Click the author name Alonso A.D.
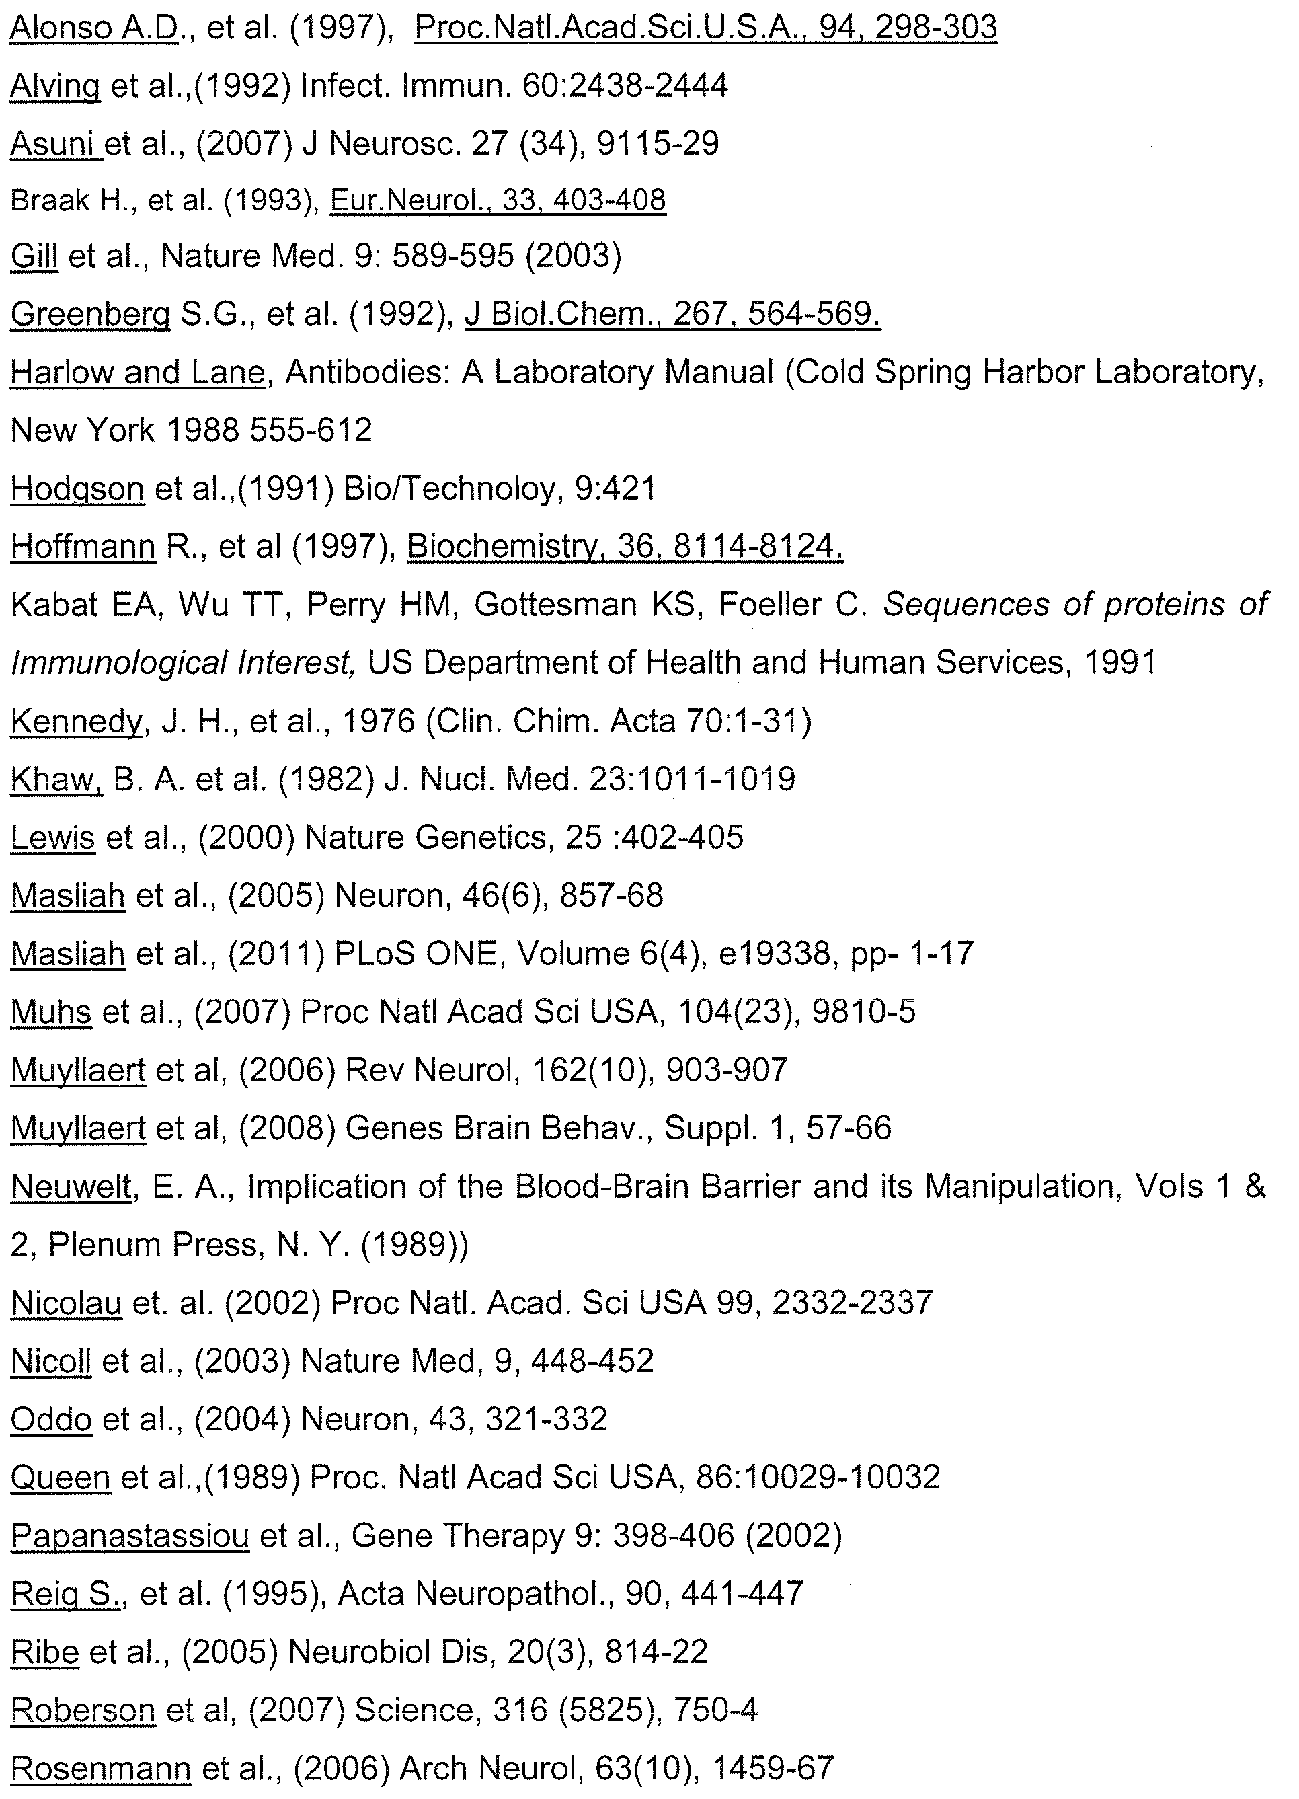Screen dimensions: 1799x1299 pyautogui.click(x=94, y=28)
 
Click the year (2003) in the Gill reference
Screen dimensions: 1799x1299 pyautogui.click(x=574, y=256)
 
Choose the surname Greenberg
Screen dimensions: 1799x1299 pyautogui.click(x=90, y=315)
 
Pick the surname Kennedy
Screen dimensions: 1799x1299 pyautogui.click(x=76, y=721)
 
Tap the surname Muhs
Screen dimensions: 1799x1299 pyautogui.click(x=50, y=1012)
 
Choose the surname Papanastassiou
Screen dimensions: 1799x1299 pyautogui.click(x=130, y=1537)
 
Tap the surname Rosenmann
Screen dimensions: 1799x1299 pyautogui.click(x=101, y=1769)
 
